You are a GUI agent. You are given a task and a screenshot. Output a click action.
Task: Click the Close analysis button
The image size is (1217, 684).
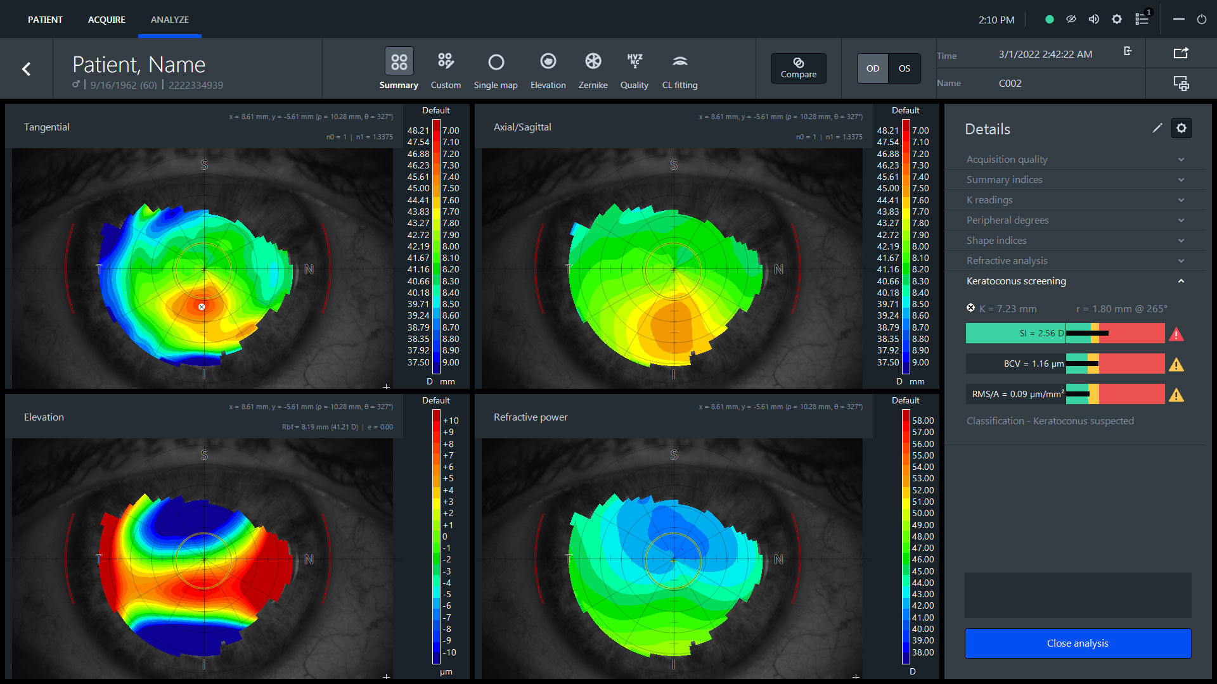click(x=1078, y=643)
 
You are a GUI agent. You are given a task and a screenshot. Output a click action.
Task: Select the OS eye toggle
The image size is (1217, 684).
click(x=905, y=68)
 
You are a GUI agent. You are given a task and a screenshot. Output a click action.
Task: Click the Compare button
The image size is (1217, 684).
click(x=798, y=68)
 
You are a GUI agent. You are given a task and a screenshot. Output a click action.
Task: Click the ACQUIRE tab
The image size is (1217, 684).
click(x=106, y=20)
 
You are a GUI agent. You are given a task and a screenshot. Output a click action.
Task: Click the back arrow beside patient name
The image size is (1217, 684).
click(x=27, y=69)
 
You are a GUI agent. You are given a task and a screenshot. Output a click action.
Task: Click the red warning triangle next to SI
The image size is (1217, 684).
click(x=1176, y=334)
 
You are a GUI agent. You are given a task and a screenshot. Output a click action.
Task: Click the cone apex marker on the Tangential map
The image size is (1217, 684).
click(x=202, y=307)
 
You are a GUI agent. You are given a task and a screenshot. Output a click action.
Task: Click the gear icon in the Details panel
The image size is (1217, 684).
click(x=1182, y=129)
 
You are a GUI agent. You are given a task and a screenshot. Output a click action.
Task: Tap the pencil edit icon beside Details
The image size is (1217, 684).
click(x=1157, y=129)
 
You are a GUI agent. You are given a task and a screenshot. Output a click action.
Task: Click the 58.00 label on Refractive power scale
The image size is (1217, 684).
click(x=922, y=421)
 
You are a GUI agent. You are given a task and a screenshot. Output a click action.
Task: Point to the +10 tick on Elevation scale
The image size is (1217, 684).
click(x=451, y=421)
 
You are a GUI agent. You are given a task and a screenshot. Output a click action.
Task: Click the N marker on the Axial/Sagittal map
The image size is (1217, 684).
click(x=778, y=269)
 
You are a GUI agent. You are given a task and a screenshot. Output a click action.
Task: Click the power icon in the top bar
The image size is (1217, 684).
click(x=1202, y=20)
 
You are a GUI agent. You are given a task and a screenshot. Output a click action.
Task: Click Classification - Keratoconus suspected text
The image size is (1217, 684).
click(x=1050, y=421)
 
